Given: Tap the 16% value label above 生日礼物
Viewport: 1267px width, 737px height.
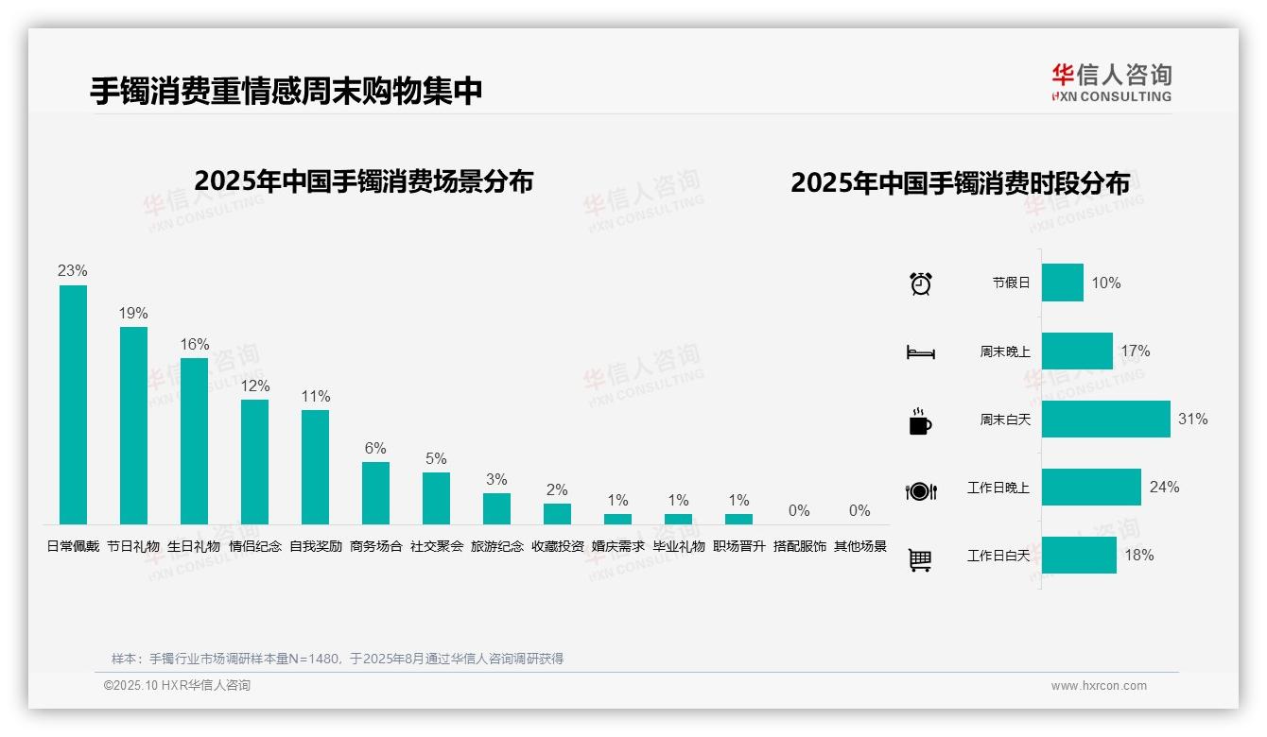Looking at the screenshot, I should point(194,345).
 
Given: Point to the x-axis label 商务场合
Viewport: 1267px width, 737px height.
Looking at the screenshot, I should point(375,546).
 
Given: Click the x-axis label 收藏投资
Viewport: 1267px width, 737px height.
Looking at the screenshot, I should point(557,546).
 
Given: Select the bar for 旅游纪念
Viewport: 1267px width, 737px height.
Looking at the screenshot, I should point(496,508).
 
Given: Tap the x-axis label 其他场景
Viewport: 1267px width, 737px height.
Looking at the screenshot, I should point(859,546).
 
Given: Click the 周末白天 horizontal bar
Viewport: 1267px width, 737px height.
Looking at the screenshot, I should point(1105,419).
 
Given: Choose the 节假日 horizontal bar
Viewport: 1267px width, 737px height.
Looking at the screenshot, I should point(1062,283).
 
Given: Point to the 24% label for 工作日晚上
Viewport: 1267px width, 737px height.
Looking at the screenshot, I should point(1164,488).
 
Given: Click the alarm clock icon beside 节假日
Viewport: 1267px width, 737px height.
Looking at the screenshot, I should point(920,283).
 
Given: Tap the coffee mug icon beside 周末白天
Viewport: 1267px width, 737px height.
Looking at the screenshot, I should point(920,420).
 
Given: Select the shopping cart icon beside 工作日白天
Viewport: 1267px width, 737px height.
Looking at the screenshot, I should point(920,559).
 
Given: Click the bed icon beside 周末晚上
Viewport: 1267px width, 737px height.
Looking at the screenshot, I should point(920,352).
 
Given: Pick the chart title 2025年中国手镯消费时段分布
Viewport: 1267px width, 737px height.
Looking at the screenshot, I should point(960,183).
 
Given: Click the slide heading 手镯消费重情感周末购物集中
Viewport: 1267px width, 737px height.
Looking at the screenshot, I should point(286,91).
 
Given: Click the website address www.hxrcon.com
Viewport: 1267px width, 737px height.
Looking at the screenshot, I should point(1099,686).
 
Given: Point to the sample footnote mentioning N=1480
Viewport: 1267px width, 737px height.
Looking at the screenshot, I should point(338,659).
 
